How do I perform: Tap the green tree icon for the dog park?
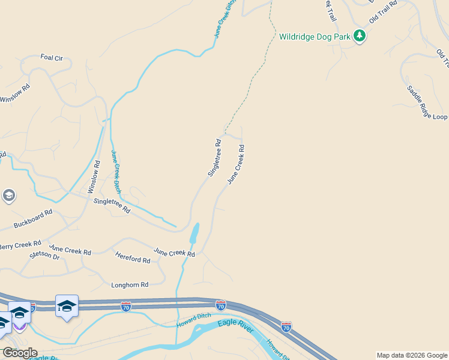[x=360, y=36]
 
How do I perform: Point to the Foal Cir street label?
[x=52, y=58]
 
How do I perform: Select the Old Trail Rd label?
[x=384, y=12]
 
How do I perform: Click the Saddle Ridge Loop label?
[x=427, y=103]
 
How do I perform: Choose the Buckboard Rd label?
[x=33, y=219]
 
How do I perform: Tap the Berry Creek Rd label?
[x=20, y=245]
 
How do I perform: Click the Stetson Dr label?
[x=44, y=256]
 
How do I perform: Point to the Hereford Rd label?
[x=133, y=257]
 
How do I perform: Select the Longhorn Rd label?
[x=130, y=285]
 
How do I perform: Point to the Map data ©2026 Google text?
[x=412, y=355]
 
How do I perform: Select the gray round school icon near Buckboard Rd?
[x=8, y=196]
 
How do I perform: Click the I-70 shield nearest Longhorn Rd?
[x=126, y=307]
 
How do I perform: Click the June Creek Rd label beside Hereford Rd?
[x=174, y=253]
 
